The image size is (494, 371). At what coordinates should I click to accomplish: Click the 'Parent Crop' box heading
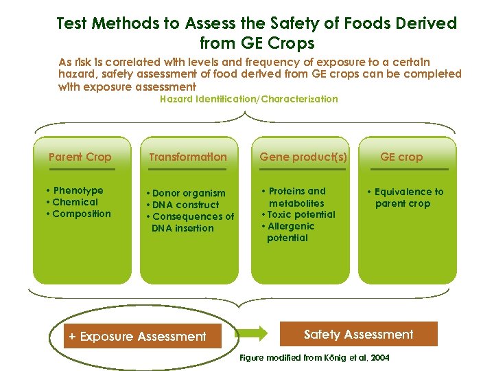click(x=80, y=157)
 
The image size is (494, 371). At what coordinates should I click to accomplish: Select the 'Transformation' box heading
click(x=187, y=157)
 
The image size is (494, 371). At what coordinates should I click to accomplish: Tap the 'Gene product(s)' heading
click(x=303, y=157)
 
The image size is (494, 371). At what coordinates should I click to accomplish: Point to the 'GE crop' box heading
click(x=401, y=157)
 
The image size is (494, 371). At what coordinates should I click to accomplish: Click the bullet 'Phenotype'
click(x=77, y=190)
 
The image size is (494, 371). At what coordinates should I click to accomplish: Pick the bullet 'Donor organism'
click(x=187, y=193)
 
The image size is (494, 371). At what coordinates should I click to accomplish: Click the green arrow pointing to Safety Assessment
click(x=253, y=334)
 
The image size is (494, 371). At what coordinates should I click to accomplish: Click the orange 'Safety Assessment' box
click(x=359, y=335)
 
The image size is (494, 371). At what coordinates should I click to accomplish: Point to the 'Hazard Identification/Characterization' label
click(x=248, y=99)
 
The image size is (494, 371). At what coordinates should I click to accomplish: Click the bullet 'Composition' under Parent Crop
click(x=80, y=214)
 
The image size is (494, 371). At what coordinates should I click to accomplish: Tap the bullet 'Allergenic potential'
click(x=290, y=232)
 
